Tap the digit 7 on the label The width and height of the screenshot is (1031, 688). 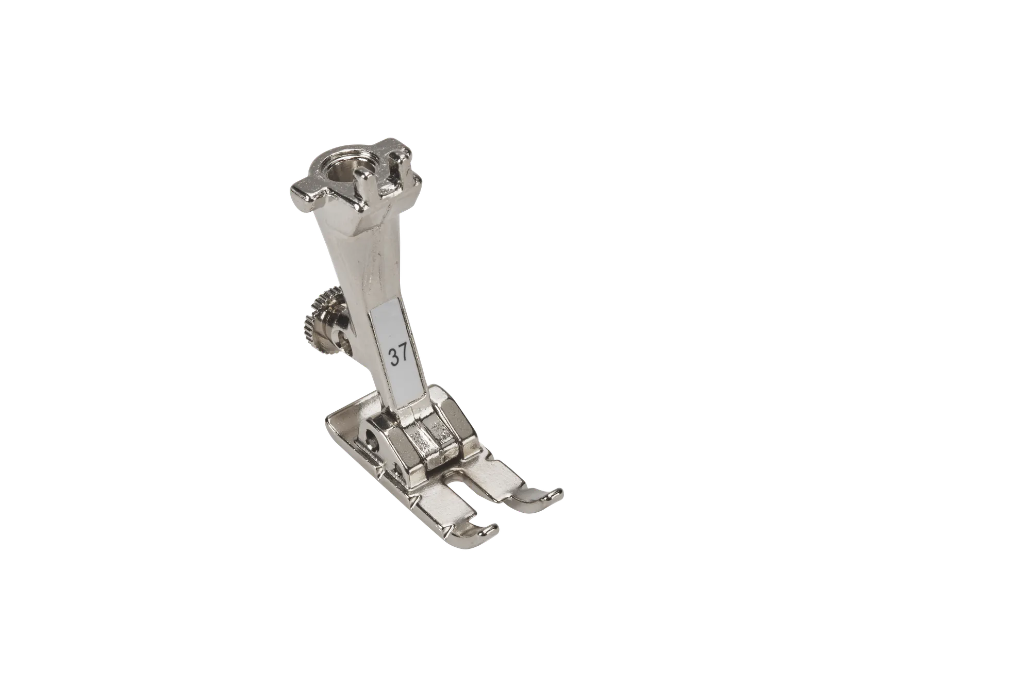coord(404,354)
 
